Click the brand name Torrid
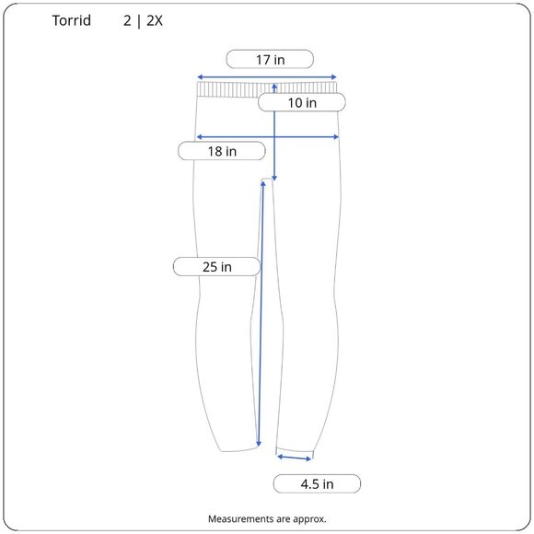[72, 20]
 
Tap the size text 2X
[155, 21]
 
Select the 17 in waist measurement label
[270, 59]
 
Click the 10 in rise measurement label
[302, 102]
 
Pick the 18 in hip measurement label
[222, 151]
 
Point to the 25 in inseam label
[217, 267]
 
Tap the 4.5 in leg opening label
[317, 483]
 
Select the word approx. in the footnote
[309, 519]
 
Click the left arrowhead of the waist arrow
[200, 77]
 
